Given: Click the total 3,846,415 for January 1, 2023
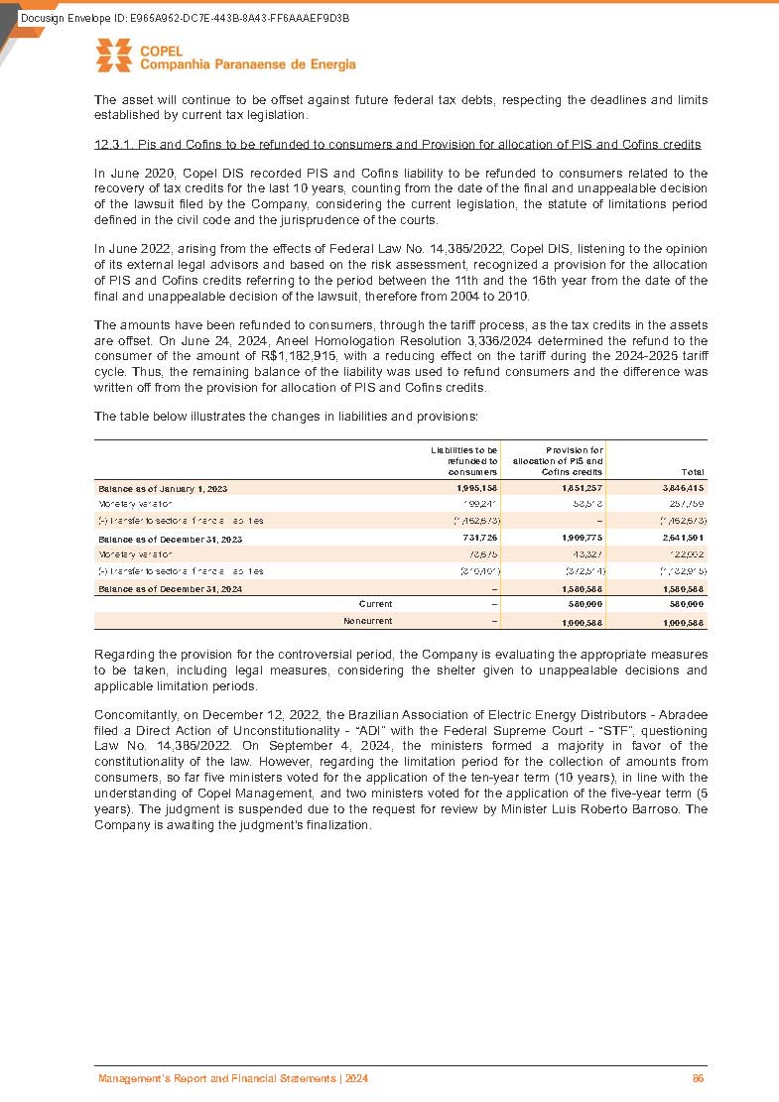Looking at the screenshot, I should (683, 488).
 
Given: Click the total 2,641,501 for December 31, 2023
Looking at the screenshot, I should (683, 538).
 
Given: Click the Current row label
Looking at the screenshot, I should (375, 604).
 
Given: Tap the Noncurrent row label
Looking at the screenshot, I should (367, 622).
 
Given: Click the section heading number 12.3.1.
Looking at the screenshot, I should (113, 145).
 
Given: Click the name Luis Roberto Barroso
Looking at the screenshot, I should (603, 808).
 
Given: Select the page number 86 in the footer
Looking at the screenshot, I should (698, 1078).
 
